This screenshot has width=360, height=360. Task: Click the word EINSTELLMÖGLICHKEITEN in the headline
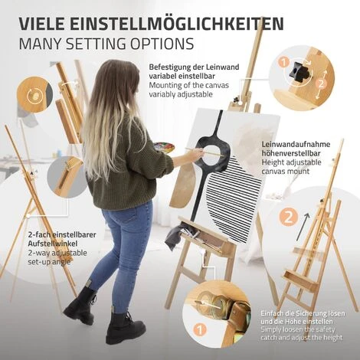pyautogui.click(x=177, y=24)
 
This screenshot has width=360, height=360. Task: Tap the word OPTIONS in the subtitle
pyautogui.click(x=162, y=44)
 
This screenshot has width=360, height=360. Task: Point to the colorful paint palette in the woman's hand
pyautogui.click(x=165, y=147)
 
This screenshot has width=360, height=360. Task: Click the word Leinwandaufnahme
pyautogui.click(x=296, y=144)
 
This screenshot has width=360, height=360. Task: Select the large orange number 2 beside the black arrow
pyautogui.click(x=288, y=218)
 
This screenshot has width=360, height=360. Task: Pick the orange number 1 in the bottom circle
pyautogui.click(x=200, y=329)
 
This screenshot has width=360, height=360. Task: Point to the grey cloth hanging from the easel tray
pyautogui.click(x=174, y=238)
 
